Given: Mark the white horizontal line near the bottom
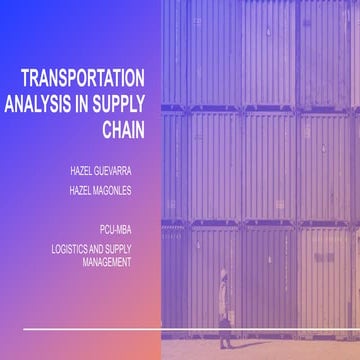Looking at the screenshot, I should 190,327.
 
